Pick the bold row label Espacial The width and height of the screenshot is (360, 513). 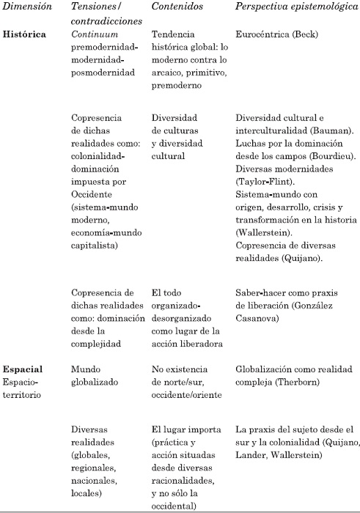click(22, 369)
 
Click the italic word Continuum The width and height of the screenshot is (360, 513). click(96, 34)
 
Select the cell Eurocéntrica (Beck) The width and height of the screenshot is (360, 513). click(269, 34)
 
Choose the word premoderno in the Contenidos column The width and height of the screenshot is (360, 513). click(177, 73)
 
